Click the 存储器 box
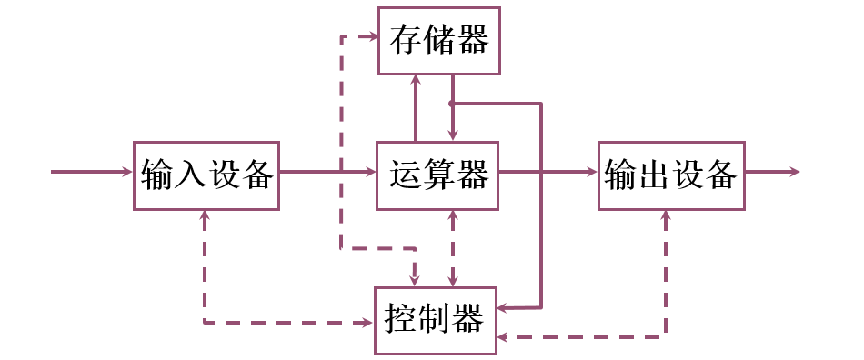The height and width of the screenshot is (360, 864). click(439, 40)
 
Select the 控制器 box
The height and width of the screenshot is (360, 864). click(436, 320)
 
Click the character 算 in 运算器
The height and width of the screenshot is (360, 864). click(438, 173)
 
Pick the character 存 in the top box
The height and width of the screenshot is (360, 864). click(405, 40)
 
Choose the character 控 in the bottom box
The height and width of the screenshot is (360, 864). click(401, 320)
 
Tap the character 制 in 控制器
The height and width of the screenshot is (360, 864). click(436, 320)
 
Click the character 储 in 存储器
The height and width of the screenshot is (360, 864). click(439, 40)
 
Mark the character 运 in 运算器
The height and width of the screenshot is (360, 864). click(405, 173)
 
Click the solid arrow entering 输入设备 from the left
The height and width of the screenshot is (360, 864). click(91, 171)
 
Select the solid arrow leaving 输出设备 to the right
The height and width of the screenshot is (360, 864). click(773, 171)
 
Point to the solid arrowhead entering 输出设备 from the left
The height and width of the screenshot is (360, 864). click(590, 171)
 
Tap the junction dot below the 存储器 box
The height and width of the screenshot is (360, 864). click(452, 104)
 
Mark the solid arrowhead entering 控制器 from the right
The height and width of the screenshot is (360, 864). click(503, 308)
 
